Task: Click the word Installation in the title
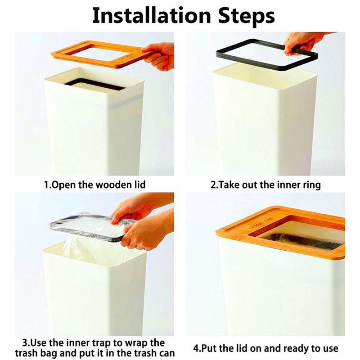point(152,16)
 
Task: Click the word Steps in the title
point(246,17)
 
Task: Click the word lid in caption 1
point(140,184)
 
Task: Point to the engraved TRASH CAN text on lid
point(261,223)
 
